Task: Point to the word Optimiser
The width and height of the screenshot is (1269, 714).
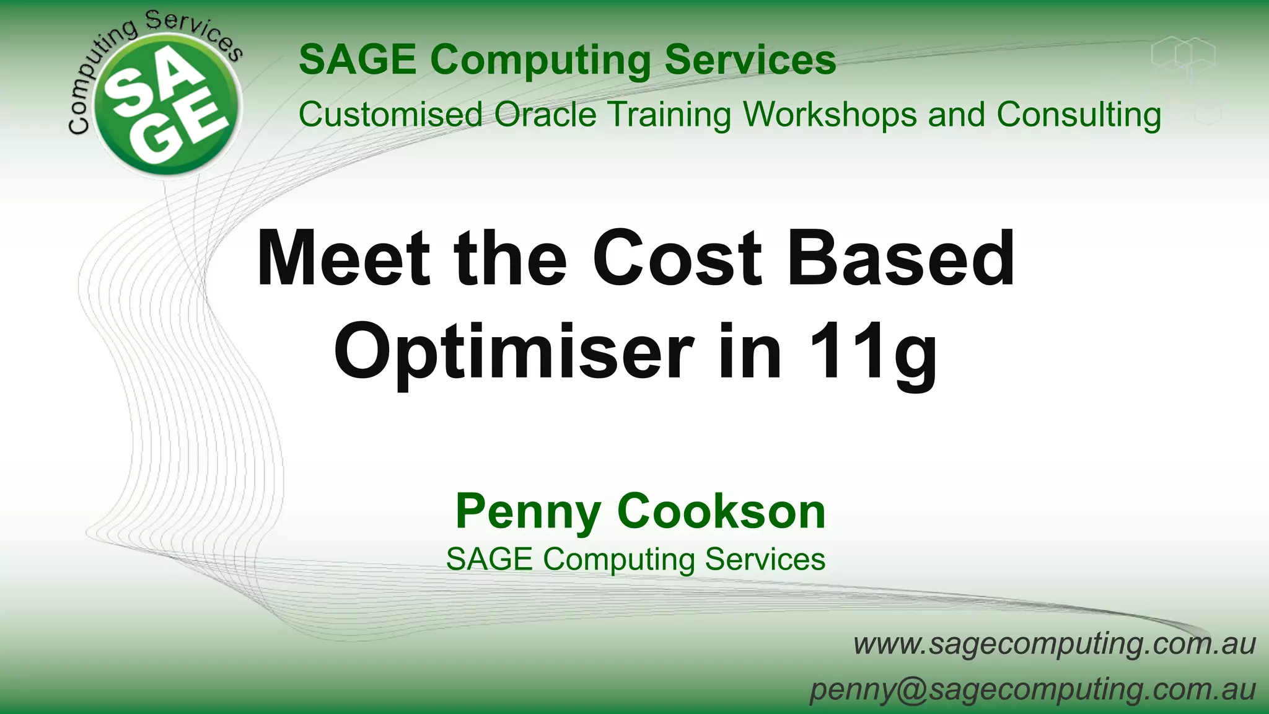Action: point(514,352)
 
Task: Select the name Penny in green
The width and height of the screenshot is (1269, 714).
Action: point(528,512)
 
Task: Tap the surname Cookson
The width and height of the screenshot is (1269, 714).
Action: point(721,512)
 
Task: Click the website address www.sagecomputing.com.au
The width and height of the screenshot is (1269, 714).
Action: point(1054,643)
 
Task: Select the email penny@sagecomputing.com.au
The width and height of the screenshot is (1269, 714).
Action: point(1033,689)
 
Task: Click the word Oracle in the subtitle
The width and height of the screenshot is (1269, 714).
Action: point(545,115)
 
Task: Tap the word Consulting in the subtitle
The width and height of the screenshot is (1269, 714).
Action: point(1079,115)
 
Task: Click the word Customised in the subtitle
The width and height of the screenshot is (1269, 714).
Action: point(390,115)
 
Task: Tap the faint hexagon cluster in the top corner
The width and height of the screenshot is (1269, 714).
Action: point(1183,56)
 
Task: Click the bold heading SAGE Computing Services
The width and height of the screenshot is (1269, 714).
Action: point(567,59)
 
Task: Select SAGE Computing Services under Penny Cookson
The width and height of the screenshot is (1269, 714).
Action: point(636,559)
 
